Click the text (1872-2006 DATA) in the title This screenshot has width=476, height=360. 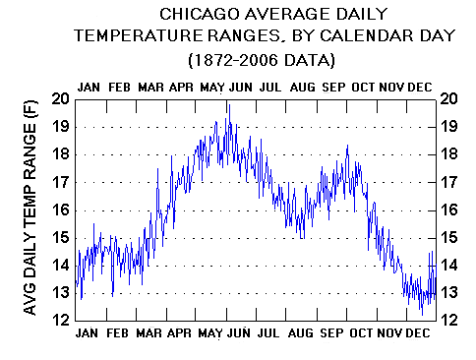click(x=261, y=59)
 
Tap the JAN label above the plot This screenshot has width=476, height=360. click(x=89, y=87)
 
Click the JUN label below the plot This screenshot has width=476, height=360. click(x=239, y=333)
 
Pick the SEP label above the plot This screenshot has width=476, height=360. click(x=331, y=87)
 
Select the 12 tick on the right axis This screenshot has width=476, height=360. click(x=448, y=321)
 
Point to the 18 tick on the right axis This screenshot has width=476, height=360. click(x=448, y=154)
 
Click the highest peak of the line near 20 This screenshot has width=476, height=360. click(x=227, y=101)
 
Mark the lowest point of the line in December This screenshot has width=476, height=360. click(x=421, y=313)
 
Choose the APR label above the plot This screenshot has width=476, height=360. click(x=180, y=87)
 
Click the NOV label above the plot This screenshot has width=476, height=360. click(x=391, y=87)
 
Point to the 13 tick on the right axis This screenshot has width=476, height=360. click(x=448, y=293)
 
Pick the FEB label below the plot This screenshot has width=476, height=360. click(x=118, y=333)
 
